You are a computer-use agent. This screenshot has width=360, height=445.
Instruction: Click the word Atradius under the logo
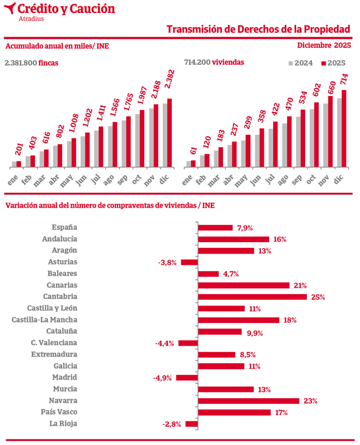point(31,19)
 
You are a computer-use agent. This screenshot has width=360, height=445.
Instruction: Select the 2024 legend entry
point(301,63)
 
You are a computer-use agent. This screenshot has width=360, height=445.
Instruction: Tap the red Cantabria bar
point(252,296)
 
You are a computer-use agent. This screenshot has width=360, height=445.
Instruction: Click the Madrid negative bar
point(186,378)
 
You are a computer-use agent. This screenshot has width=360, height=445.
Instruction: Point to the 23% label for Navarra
point(310,401)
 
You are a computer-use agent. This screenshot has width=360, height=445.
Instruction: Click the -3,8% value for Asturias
point(168,262)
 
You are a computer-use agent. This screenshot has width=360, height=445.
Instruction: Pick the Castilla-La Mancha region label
point(45,320)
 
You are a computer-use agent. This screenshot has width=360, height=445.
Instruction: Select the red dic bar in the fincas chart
point(170,133)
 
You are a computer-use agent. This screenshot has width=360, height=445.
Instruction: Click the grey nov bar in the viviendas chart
point(326,136)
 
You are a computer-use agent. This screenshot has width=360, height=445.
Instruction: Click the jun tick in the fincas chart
point(81,180)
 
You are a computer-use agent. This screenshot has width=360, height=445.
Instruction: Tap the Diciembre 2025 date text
point(324,46)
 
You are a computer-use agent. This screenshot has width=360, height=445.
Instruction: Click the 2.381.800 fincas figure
point(31,63)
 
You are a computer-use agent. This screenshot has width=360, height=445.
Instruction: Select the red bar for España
point(215,228)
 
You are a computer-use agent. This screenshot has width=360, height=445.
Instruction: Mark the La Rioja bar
point(192,424)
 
